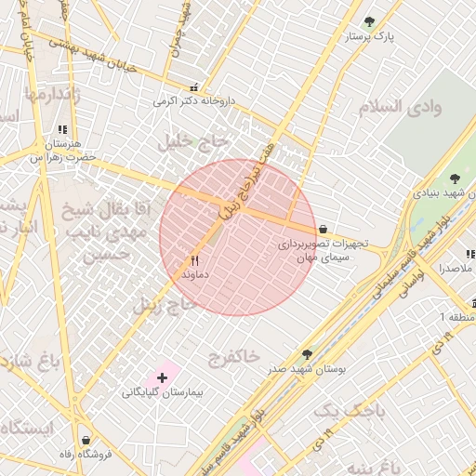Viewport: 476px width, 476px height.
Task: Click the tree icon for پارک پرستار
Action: (x=370, y=21)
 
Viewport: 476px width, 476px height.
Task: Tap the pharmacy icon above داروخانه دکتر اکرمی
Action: (x=193, y=86)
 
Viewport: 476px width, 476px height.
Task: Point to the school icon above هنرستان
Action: (x=62, y=130)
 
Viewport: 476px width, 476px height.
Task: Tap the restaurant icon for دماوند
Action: (x=195, y=261)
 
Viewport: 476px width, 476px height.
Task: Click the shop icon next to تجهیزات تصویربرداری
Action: (x=323, y=229)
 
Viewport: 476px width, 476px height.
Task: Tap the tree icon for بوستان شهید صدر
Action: (x=307, y=354)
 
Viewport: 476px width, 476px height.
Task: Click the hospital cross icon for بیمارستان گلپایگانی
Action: (x=163, y=377)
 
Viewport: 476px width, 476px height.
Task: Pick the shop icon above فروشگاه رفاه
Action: (x=86, y=439)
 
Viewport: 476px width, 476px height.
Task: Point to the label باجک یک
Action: (x=336, y=410)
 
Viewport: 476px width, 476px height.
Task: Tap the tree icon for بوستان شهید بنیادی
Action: (x=455, y=178)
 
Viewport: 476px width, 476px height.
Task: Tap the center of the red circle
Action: (x=239, y=237)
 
